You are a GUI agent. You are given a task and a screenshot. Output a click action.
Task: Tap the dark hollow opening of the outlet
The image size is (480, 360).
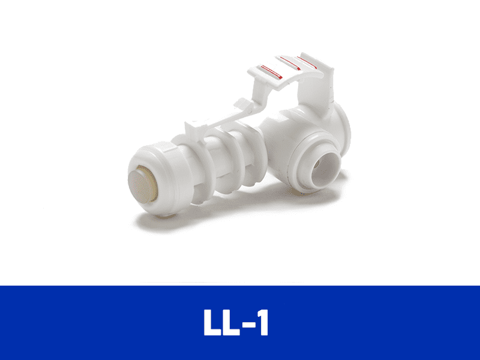pos(325,169)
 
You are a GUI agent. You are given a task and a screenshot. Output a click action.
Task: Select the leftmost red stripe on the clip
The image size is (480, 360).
pos(271,72)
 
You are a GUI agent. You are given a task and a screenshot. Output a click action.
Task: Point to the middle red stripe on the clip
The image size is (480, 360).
pos(290,64)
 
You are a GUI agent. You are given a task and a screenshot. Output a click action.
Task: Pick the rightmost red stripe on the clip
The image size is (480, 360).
pos(307,62)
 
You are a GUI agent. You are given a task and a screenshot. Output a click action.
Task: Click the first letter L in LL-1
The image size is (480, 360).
pos(212,322)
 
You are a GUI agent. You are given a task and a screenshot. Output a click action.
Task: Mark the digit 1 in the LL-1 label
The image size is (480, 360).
pos(263,322)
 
